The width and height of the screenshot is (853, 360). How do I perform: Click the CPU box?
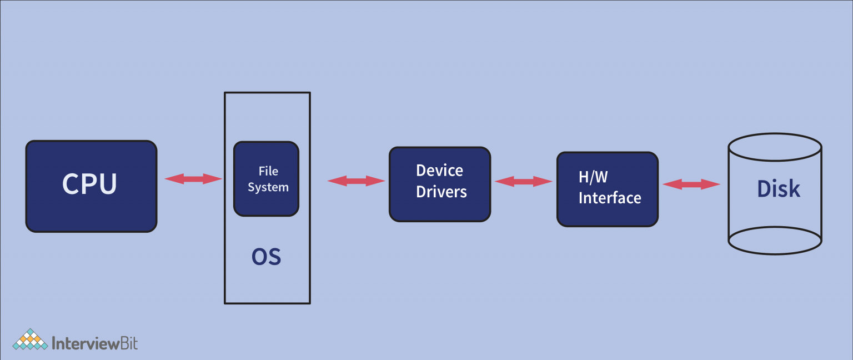click(x=91, y=186)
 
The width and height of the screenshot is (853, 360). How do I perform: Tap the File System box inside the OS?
click(x=266, y=178)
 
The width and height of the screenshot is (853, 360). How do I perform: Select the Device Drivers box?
click(x=440, y=184)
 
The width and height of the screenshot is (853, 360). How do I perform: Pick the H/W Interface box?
click(x=608, y=189)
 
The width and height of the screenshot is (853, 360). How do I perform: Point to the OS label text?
click(x=267, y=257)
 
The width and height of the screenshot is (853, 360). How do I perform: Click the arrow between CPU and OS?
click(x=193, y=179)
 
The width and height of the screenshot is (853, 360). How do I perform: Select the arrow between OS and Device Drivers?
click(x=356, y=181)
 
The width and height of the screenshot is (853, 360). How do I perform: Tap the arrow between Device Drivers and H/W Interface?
click(x=523, y=181)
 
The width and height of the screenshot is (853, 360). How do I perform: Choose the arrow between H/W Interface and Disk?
click(x=691, y=184)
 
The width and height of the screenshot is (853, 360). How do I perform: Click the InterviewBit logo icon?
click(x=31, y=340)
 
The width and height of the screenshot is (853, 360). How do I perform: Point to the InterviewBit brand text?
click(x=94, y=343)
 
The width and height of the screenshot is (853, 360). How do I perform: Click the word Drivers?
click(x=441, y=192)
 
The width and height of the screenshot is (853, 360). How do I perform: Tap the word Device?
click(x=440, y=171)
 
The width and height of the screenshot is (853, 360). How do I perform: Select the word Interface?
click(x=610, y=198)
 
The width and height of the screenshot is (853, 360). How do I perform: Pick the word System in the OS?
click(x=268, y=187)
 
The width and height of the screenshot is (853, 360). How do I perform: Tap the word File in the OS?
click(x=268, y=171)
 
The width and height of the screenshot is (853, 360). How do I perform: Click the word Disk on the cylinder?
click(x=779, y=189)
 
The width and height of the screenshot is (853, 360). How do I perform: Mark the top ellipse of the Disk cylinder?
click(x=775, y=146)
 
